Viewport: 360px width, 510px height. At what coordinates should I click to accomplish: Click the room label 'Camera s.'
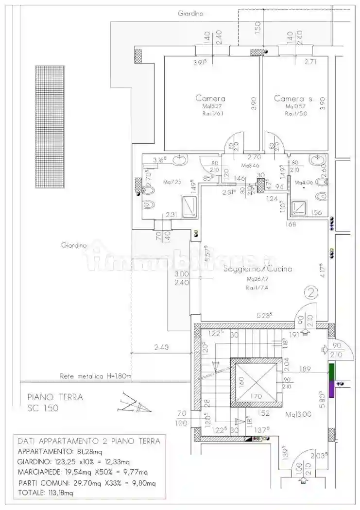click(x=294, y=99)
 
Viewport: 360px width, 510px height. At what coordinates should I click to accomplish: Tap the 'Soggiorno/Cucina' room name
click(x=258, y=269)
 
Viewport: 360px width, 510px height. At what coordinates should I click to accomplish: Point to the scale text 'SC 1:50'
click(x=43, y=408)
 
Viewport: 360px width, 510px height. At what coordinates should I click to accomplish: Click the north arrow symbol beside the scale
click(x=130, y=403)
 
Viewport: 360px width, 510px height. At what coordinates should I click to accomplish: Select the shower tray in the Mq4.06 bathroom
click(x=298, y=208)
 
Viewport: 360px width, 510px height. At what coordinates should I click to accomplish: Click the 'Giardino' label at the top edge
click(x=190, y=14)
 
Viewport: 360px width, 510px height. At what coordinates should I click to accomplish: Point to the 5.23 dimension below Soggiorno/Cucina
click(x=264, y=315)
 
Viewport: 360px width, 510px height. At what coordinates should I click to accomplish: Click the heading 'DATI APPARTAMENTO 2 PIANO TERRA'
click(x=89, y=441)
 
